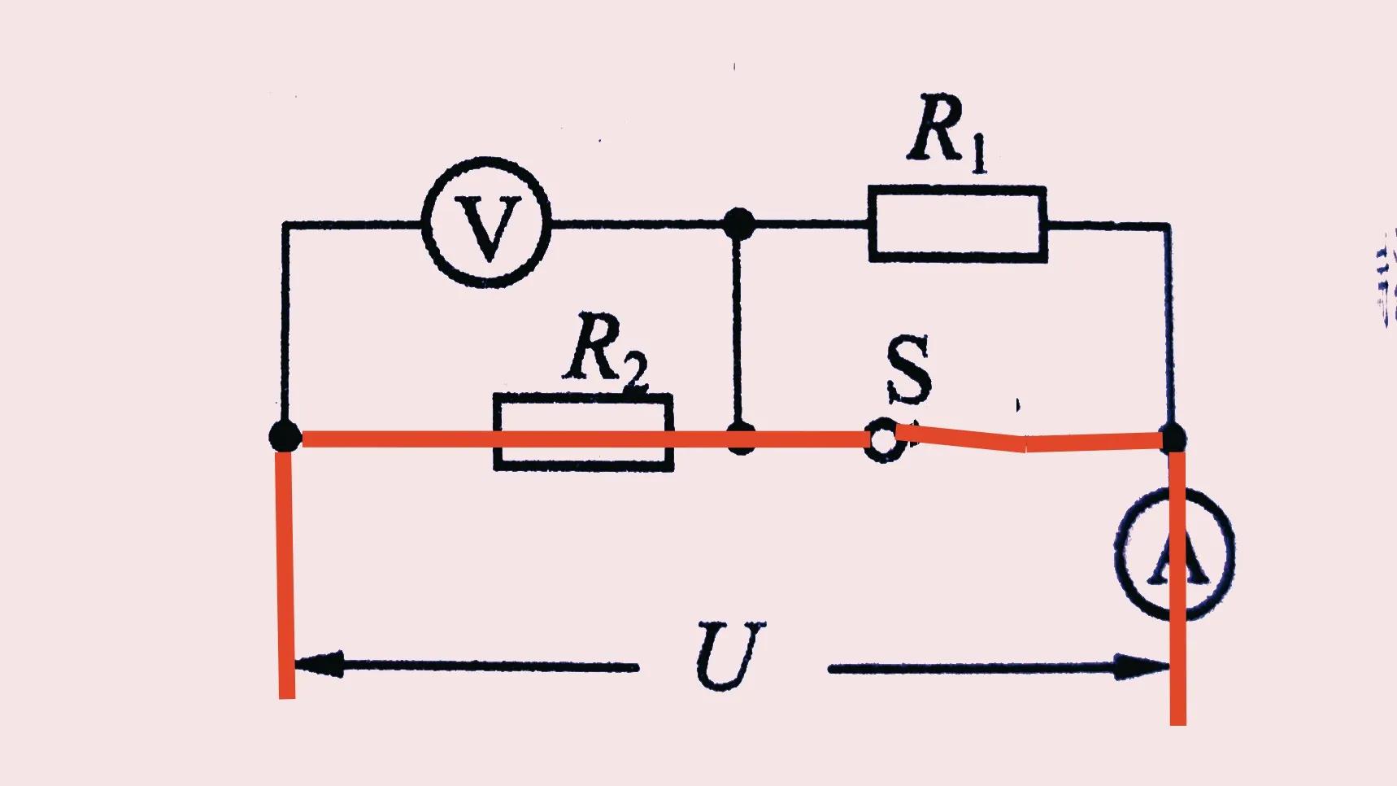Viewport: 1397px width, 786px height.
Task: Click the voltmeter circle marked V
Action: pyautogui.click(x=487, y=222)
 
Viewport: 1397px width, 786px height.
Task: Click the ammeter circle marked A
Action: pyautogui.click(x=1174, y=552)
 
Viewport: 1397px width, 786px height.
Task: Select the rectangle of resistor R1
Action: pyautogui.click(x=957, y=224)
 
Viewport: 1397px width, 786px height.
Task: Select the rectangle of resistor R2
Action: pyautogui.click(x=583, y=432)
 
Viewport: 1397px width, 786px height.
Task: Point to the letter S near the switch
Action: pyautogui.click(x=907, y=370)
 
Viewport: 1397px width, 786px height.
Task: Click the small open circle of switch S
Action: pyautogui.click(x=881, y=441)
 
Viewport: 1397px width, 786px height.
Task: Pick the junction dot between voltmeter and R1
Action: pyautogui.click(x=738, y=223)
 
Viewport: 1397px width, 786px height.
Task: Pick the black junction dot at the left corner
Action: pyautogui.click(x=285, y=436)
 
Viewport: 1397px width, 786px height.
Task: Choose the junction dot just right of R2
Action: pyautogui.click(x=740, y=439)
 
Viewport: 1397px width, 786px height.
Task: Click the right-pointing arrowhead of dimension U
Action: pyautogui.click(x=1142, y=666)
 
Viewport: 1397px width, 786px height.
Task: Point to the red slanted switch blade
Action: pyautogui.click(x=960, y=438)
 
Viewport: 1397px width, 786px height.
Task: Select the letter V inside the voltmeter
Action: pyautogui.click(x=487, y=229)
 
